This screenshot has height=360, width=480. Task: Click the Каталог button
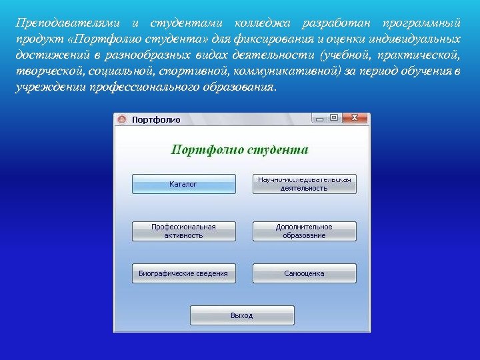pos(183,184)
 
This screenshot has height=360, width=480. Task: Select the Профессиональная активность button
pos(183,231)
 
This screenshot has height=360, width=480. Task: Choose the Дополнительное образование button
pos(304,231)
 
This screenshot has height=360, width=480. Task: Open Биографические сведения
pos(183,273)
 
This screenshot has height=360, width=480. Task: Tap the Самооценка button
pos(304,273)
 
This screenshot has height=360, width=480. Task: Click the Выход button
pos(242,315)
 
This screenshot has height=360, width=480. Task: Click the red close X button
pos(355,118)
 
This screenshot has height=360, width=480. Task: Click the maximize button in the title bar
pos(334,118)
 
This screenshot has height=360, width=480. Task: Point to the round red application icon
pos(122,119)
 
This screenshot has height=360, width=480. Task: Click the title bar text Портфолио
pos(156,119)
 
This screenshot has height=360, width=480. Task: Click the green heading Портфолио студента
pos(240,149)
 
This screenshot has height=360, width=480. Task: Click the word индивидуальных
pos(415,39)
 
